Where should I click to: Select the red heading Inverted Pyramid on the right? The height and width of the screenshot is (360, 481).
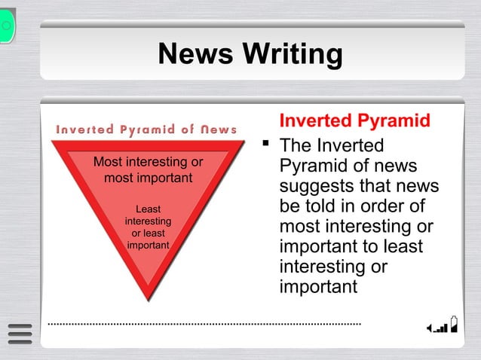click(354, 121)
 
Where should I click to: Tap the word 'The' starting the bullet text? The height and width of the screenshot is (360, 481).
click(296, 145)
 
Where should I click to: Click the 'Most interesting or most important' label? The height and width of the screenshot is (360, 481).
click(148, 169)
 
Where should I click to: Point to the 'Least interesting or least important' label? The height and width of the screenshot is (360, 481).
click(148, 227)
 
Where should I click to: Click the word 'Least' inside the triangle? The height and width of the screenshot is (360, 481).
click(148, 209)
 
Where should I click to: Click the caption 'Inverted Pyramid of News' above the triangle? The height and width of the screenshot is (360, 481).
click(146, 130)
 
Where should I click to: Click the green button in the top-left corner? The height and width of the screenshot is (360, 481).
click(7, 25)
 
